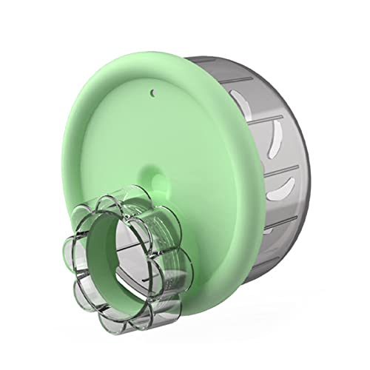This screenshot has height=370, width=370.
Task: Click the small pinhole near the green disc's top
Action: click(x=152, y=94)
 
